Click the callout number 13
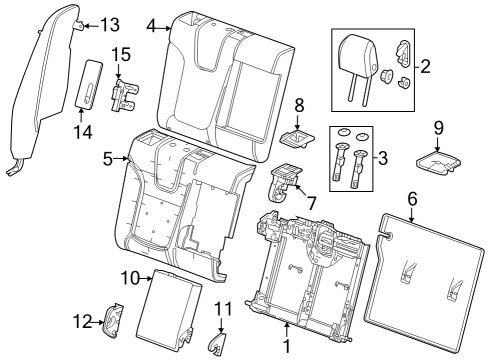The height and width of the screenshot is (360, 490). [x=109, y=24]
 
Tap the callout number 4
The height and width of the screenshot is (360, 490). [x=150, y=25]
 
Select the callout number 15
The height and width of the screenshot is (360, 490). [x=121, y=53]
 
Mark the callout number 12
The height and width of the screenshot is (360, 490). [x=85, y=322]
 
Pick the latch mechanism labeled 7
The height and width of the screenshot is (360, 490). [x=285, y=184]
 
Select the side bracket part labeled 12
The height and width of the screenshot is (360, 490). [x=113, y=321]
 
